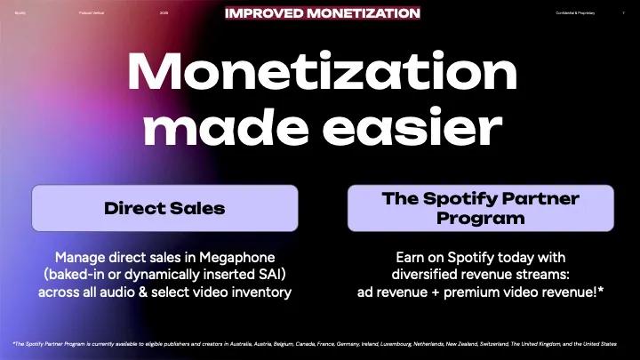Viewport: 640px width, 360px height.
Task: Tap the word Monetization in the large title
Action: click(x=319, y=71)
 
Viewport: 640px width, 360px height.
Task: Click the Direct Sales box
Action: click(x=164, y=208)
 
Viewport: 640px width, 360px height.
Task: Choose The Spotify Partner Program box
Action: click(x=479, y=208)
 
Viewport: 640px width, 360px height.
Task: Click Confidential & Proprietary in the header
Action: click(x=574, y=13)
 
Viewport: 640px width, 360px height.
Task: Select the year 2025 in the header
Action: click(x=164, y=13)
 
